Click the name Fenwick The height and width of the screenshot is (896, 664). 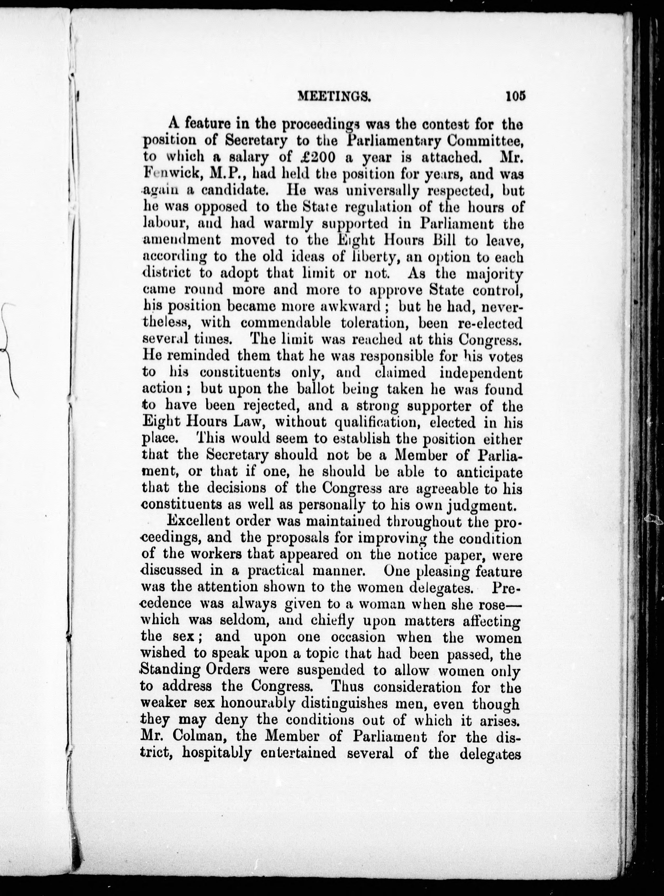171,174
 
